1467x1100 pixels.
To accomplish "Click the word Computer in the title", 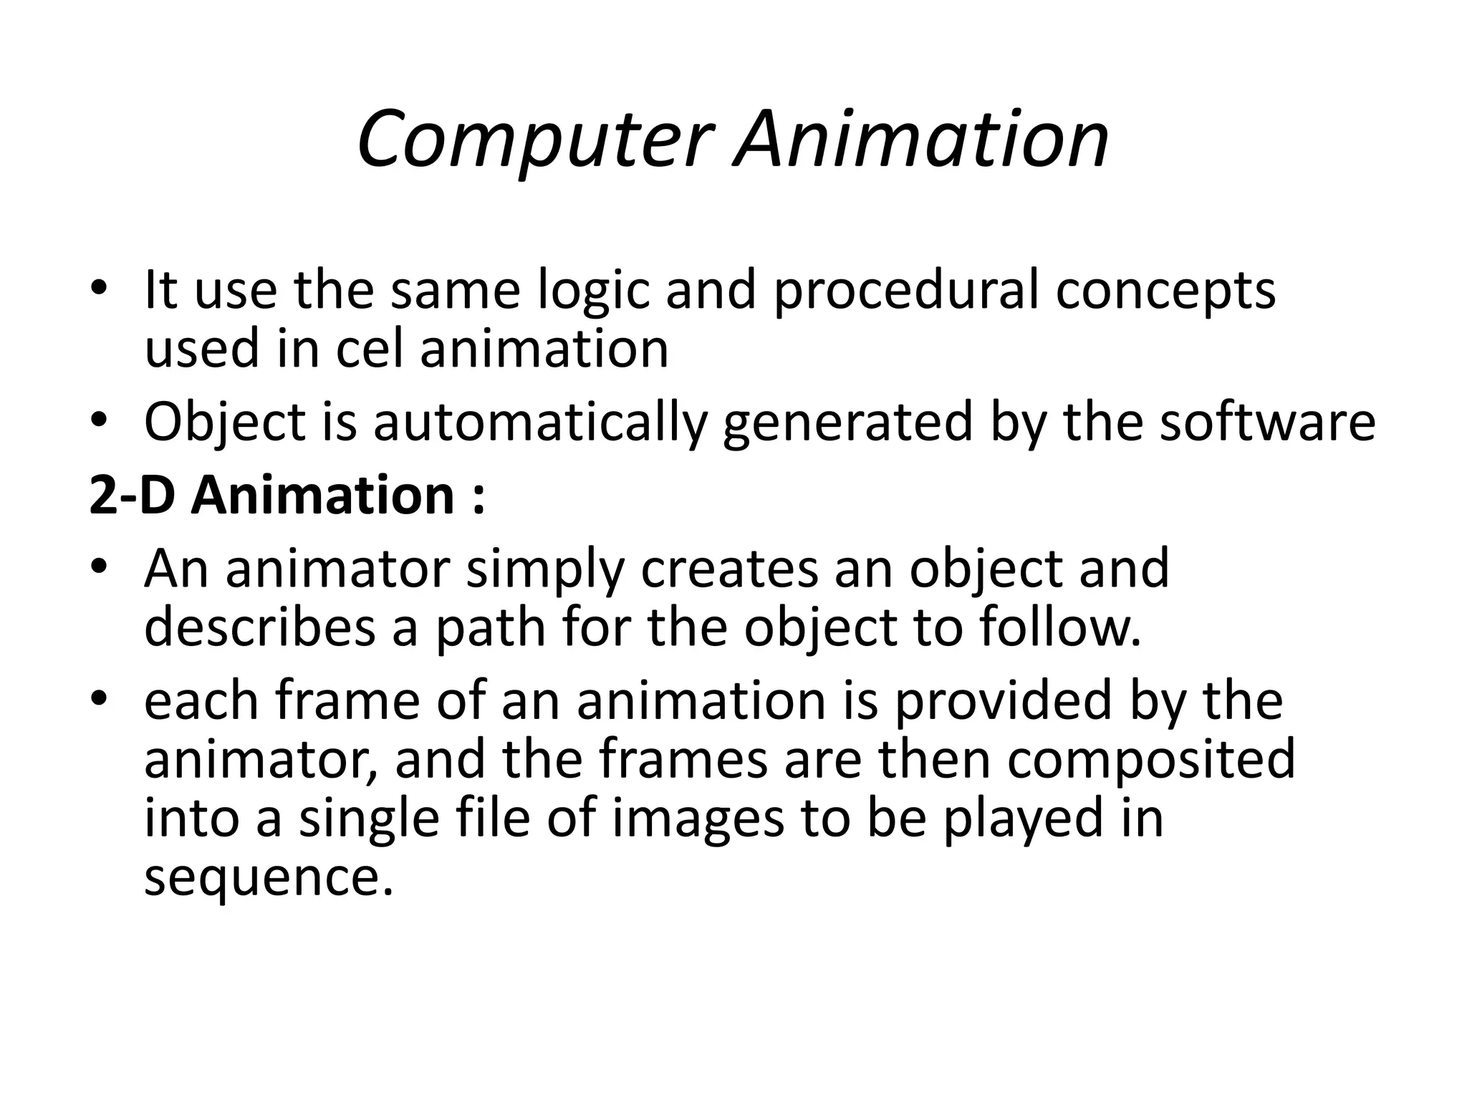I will [536, 140].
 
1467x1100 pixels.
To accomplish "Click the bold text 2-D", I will [133, 496].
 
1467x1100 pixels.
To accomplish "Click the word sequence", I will [269, 879].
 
